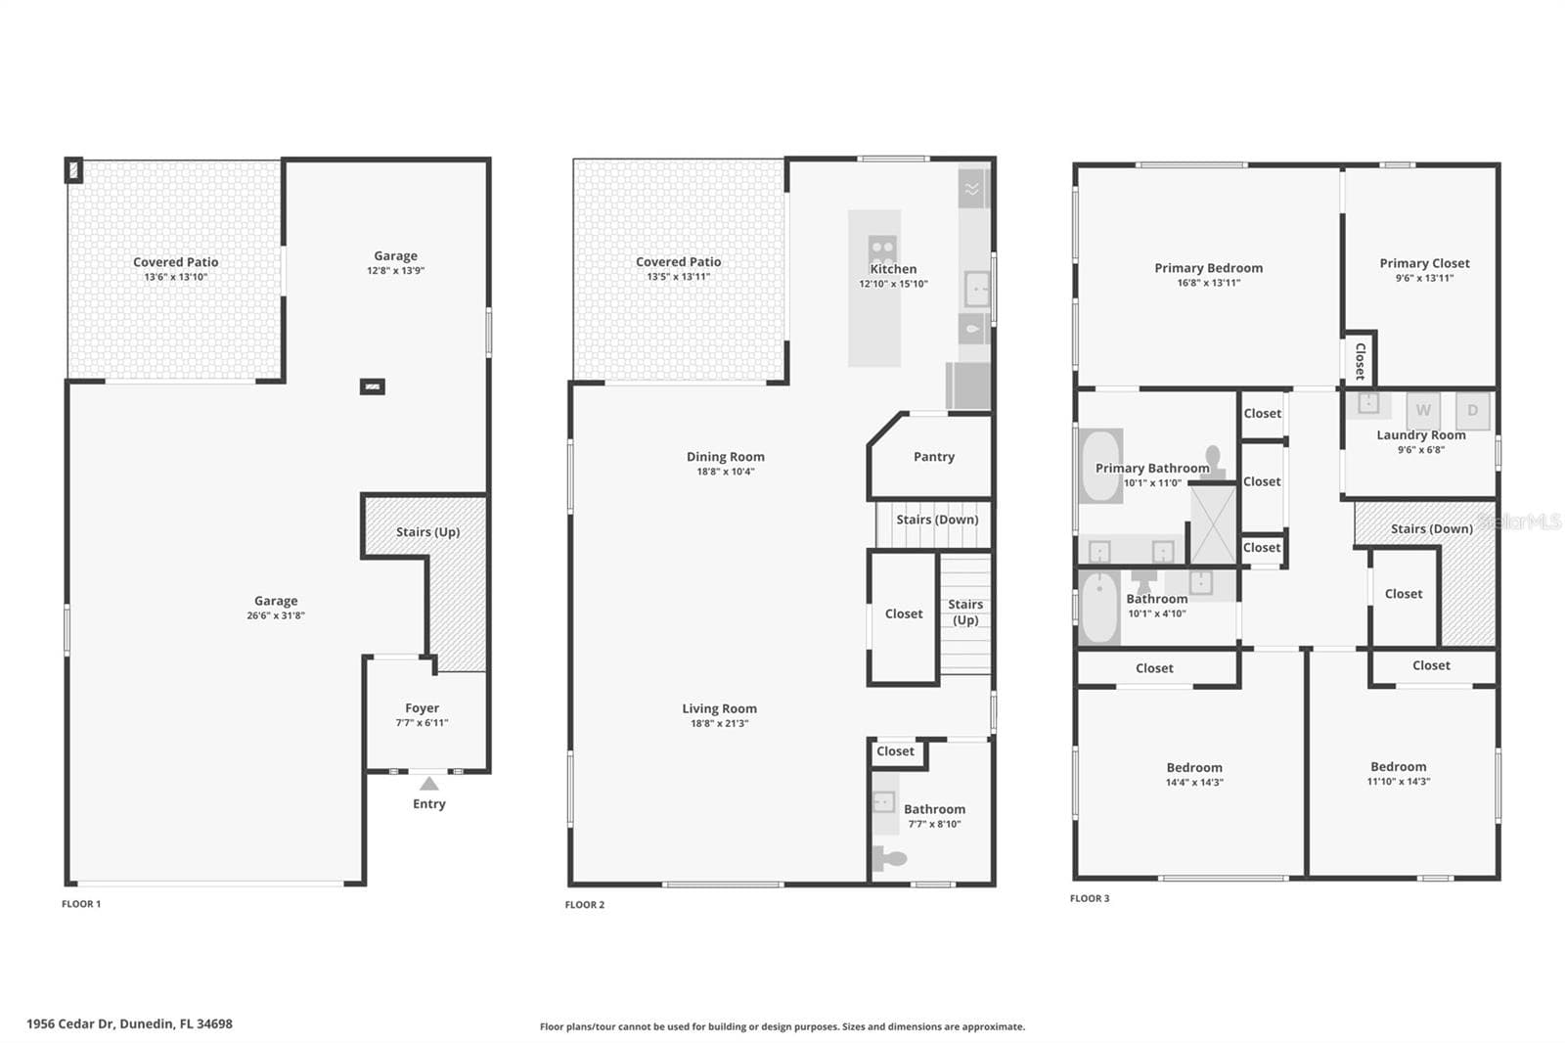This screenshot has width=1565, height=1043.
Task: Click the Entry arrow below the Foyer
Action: (429, 784)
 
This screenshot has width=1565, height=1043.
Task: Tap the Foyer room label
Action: (422, 708)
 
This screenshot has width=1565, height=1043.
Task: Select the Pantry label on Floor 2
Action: (934, 457)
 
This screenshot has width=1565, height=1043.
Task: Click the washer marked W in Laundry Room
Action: (1423, 410)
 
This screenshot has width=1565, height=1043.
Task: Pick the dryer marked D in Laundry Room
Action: (1473, 411)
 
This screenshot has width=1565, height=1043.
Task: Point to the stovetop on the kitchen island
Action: (882, 249)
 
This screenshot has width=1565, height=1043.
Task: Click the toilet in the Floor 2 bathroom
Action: (889, 858)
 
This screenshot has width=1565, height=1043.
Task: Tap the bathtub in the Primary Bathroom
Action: (1100, 467)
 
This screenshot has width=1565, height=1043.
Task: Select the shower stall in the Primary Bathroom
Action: (1213, 524)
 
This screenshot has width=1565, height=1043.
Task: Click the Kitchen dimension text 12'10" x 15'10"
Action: (893, 284)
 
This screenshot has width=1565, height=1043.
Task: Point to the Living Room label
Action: (720, 708)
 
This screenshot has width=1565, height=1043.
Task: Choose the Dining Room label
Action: (725, 457)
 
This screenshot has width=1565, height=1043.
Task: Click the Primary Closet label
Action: (1424, 263)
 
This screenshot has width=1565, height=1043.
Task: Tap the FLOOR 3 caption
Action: (1090, 898)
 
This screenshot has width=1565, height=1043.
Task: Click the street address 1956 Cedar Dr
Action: (69, 1023)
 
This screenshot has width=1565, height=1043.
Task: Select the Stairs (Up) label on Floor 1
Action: (427, 532)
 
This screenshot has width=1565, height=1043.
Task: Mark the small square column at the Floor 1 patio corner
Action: (74, 170)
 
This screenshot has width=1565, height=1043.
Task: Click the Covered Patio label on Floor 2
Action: (679, 261)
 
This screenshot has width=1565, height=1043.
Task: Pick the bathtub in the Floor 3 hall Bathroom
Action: (1099, 608)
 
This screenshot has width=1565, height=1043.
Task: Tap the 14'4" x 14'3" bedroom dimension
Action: (1194, 783)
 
